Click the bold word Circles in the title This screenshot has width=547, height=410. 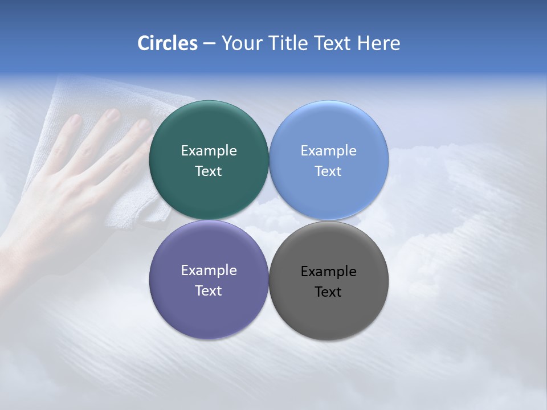168,43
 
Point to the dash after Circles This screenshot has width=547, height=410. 209,44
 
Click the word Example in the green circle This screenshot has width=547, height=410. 209,151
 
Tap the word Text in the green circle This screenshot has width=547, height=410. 209,171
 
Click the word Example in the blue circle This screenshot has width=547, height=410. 328,151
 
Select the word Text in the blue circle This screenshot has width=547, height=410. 328,171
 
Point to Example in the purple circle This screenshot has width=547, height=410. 209,270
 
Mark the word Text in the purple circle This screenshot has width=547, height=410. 209,291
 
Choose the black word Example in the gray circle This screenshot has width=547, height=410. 328,272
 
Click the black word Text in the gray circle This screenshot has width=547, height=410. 328,292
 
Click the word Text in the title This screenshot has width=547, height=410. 332,43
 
